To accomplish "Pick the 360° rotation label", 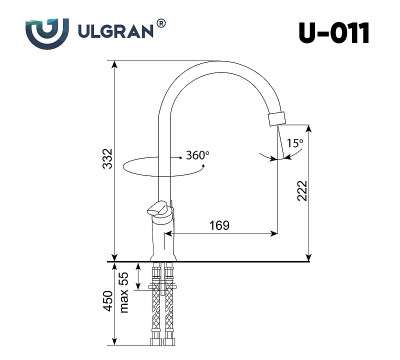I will click(x=197, y=156).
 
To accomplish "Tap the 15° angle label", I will click(x=294, y=144).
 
